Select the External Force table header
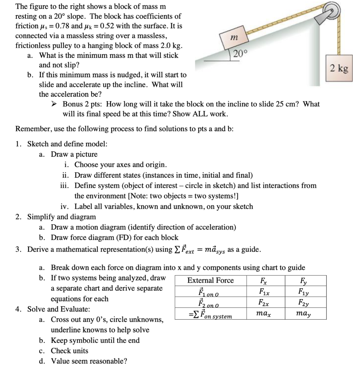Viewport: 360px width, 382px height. coord(211,281)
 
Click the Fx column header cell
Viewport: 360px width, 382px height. coord(265,281)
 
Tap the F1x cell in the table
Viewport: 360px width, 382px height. coord(265,291)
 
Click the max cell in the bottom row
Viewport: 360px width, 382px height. coord(265,313)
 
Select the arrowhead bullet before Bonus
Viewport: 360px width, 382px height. coord(55,104)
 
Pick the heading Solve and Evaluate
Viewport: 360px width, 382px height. coord(58,309)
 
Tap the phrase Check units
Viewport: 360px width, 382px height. coord(69,351)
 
